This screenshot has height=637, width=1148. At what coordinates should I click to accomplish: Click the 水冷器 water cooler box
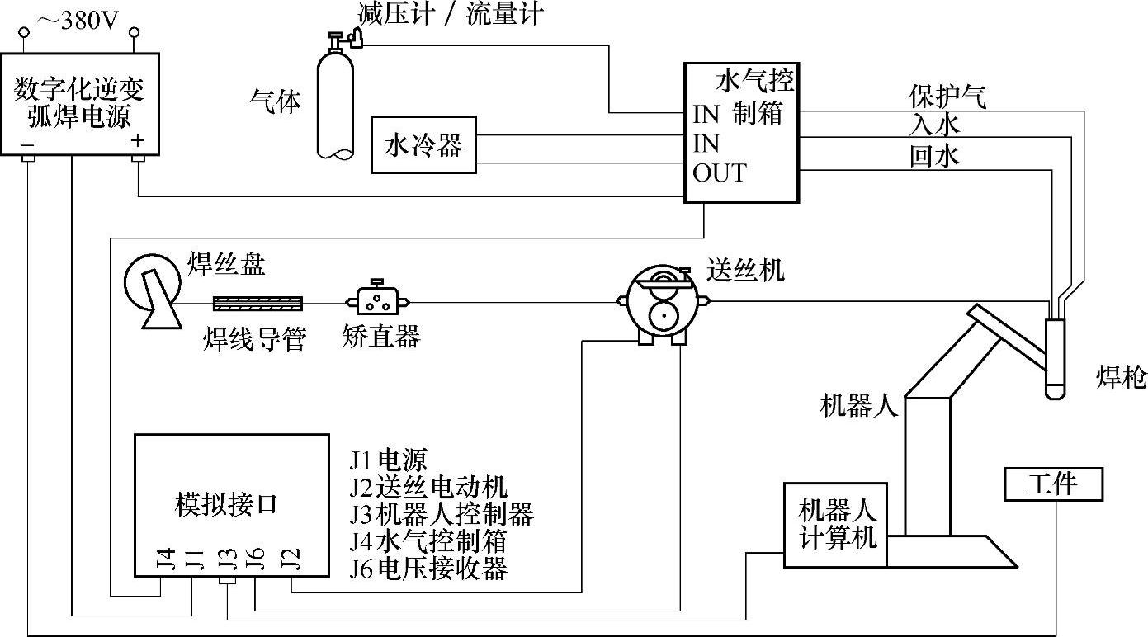click(423, 145)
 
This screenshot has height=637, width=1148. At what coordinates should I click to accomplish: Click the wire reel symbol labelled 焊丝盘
click(153, 288)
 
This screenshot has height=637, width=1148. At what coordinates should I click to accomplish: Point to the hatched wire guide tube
click(257, 304)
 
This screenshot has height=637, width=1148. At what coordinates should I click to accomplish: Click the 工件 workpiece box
click(1053, 484)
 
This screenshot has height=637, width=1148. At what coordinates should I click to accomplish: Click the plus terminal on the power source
click(138, 143)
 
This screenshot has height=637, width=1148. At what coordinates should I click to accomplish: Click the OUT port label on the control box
click(719, 173)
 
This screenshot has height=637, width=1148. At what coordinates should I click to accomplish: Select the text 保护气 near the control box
click(947, 97)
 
